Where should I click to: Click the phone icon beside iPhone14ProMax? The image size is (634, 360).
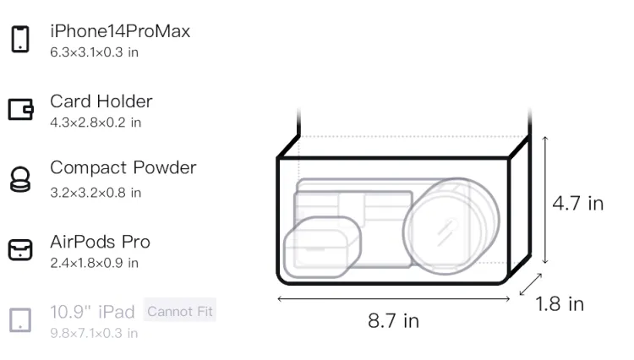(20, 39)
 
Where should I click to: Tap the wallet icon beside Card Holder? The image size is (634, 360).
(20, 110)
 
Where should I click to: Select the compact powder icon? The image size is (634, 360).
(20, 179)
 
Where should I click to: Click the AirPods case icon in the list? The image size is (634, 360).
(20, 249)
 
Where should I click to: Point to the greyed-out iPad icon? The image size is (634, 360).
(20, 320)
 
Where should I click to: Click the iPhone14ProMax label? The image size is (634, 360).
(120, 31)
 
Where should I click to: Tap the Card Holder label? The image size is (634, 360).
(101, 101)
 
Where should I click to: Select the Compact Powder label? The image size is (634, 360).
(123, 168)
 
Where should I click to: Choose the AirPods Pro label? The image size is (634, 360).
(101, 242)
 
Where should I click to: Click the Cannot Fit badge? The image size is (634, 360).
(180, 312)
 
